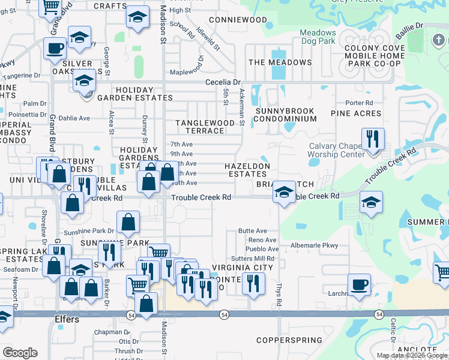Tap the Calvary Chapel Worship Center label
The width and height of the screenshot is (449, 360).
336,150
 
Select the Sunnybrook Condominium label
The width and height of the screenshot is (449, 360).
285,115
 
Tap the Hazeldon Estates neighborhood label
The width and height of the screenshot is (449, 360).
246,170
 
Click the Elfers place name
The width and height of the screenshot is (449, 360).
67,319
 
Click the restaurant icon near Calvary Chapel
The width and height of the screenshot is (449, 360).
373,139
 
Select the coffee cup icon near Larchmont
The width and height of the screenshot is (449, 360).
359,284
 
